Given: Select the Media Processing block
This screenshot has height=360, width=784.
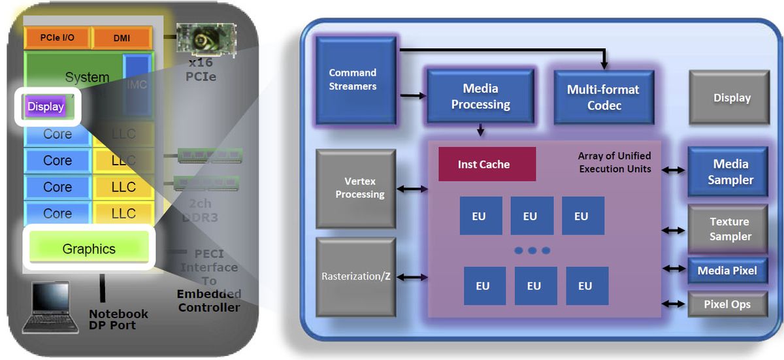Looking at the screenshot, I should [x=480, y=96].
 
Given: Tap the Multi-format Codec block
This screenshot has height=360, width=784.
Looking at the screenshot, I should [x=603, y=97].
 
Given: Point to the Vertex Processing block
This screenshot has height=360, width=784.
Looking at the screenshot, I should [x=355, y=188].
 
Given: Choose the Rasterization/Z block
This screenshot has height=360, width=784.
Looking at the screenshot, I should [x=355, y=276].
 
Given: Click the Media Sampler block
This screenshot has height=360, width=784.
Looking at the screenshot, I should [x=727, y=172].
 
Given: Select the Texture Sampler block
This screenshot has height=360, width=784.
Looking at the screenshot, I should [x=727, y=229].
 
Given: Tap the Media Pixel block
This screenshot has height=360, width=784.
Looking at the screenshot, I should [x=727, y=270].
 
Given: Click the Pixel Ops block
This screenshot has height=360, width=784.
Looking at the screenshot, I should [x=727, y=304].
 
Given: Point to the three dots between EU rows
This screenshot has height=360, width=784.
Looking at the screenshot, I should [x=532, y=251].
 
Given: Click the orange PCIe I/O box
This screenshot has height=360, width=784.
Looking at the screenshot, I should [x=57, y=38].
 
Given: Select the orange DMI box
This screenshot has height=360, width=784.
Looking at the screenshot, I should [x=122, y=39].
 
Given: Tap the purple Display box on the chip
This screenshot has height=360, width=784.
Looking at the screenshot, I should [x=46, y=106].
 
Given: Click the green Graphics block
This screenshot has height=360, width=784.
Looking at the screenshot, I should [x=89, y=249].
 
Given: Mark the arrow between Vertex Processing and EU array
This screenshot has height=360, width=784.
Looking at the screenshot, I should [x=412, y=189].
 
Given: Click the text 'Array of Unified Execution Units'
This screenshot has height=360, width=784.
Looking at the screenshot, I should [x=614, y=163].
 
